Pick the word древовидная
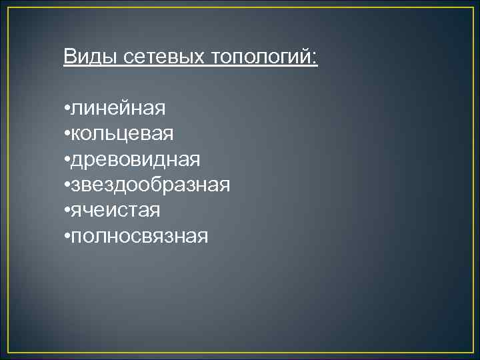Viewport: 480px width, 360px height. click(x=135, y=159)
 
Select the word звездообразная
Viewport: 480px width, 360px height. click(x=151, y=185)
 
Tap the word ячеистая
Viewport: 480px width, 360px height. click(x=116, y=211)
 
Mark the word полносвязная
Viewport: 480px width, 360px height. click(x=139, y=236)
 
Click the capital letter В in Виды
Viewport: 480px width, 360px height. click(x=70, y=57)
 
